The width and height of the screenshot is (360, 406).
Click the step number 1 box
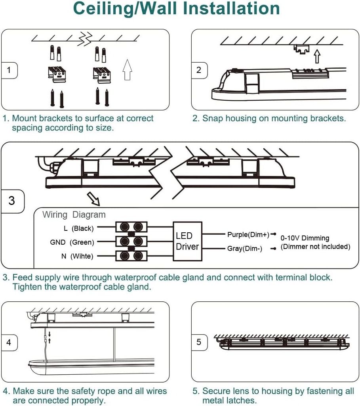(x=9, y=71)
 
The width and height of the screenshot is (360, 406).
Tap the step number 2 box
(x=199, y=70)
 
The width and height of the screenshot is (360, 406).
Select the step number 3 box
(x=12, y=201)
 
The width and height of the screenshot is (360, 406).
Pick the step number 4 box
(x=9, y=342)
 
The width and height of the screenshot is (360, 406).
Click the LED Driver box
(x=187, y=241)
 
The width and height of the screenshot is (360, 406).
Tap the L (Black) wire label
(x=78, y=228)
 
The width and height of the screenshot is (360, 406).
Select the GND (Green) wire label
(x=72, y=242)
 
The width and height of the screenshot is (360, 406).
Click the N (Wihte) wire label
(x=77, y=256)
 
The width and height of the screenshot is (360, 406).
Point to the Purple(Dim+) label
(x=248, y=235)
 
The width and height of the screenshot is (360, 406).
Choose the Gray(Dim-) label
(x=245, y=249)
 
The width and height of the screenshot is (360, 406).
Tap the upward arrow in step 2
(x=316, y=56)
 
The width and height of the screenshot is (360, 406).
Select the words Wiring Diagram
(x=74, y=215)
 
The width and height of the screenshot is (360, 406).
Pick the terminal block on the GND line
(x=131, y=241)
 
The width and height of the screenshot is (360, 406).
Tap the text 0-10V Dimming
(x=305, y=238)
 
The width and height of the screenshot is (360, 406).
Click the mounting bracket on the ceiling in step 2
(x=301, y=49)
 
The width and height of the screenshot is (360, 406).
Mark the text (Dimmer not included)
(x=315, y=247)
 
